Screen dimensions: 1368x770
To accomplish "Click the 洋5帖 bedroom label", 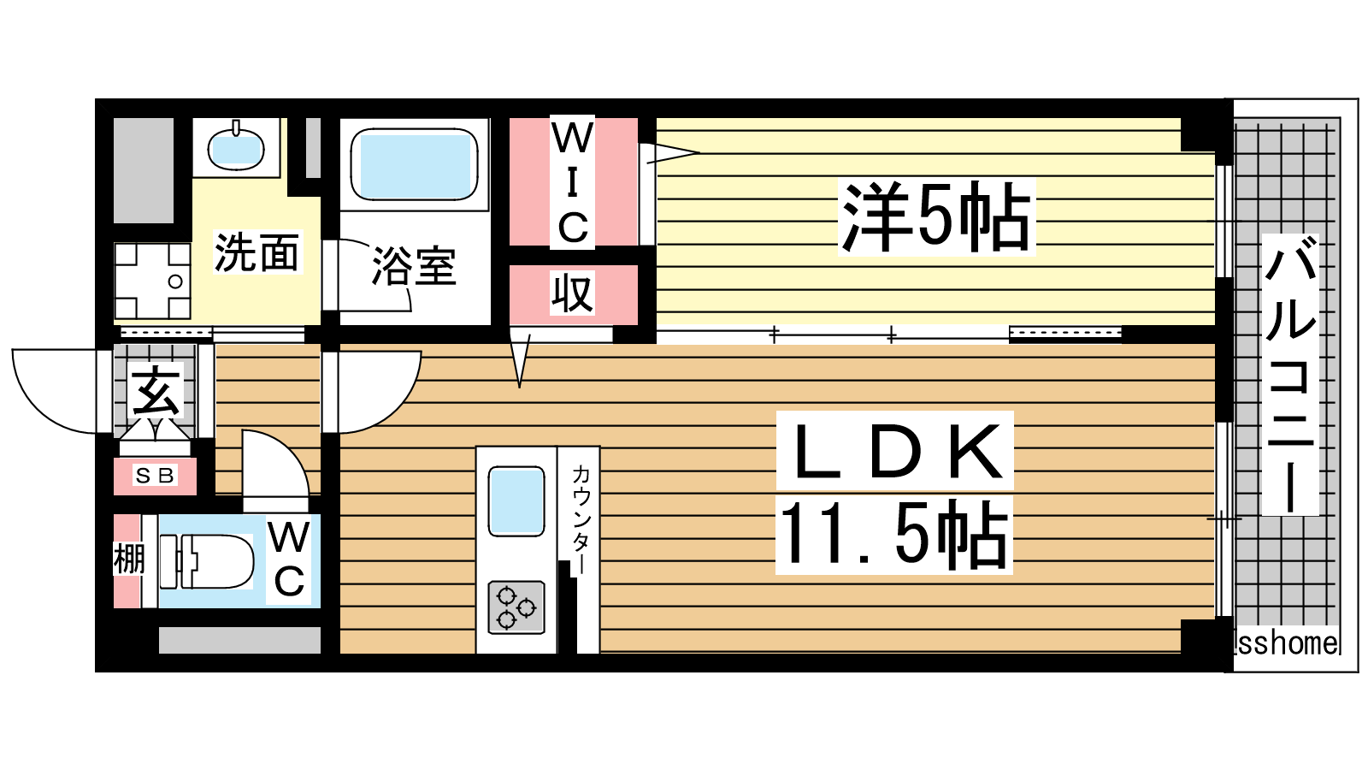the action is pos(935,217).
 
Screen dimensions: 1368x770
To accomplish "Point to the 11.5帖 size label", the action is pos(893,535).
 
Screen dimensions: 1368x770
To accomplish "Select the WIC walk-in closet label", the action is pos(572,182).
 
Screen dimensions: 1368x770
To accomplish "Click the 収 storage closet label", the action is pos(572,293).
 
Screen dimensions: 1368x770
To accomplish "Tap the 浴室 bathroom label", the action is pos(414,266).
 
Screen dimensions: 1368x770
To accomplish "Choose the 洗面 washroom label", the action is pos(256,252).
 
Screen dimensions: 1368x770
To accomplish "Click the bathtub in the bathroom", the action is pos(414,163).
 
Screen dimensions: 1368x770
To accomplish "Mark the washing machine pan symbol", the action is pos(153,281).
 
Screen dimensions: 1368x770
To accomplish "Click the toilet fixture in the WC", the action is pos(206,562).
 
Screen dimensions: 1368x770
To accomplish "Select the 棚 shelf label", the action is pos(129,560).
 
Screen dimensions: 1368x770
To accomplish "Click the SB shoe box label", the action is pos(155,476).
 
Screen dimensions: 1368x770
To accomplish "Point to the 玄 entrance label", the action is pos(155,391).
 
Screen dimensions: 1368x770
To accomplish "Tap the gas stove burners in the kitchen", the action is pos(516,607).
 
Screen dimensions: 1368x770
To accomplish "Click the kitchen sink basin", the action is pos(516,501).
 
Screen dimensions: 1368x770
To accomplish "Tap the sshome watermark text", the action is pos(1286,643).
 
